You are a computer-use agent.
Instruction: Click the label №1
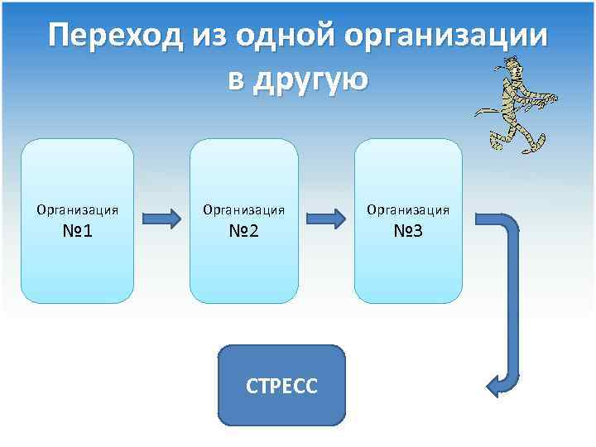pyautogui.click(x=77, y=230)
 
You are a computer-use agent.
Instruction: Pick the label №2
pyautogui.click(x=244, y=230)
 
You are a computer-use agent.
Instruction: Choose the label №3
pyautogui.click(x=408, y=230)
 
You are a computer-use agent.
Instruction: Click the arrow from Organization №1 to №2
pyautogui.click(x=161, y=219)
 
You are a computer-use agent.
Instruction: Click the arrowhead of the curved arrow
pyautogui.click(x=494, y=385)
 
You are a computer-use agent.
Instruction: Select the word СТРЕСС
pyautogui.click(x=281, y=386)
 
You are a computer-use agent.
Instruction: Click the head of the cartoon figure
pyautogui.click(x=512, y=69)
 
